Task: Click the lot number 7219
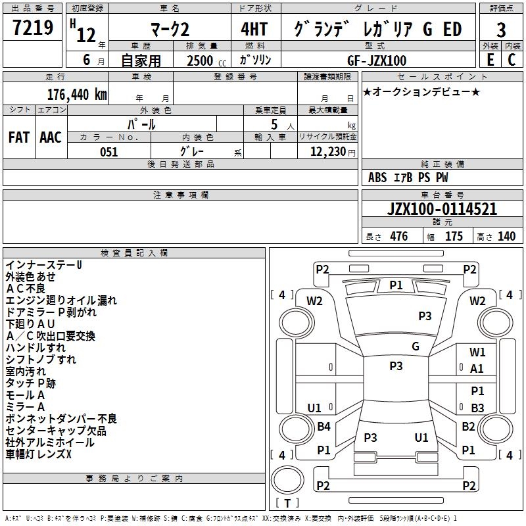[x=33, y=28]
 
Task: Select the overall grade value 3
[x=501, y=30]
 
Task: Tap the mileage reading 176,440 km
[x=77, y=95]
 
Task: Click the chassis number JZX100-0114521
[x=442, y=208]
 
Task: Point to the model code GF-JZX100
[x=377, y=60]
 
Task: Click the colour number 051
[x=109, y=152]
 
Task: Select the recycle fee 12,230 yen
[x=333, y=152]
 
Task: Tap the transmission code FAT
[x=19, y=137]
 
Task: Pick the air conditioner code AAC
[x=51, y=137]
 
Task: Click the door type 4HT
[x=254, y=29]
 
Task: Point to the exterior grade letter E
[x=490, y=60]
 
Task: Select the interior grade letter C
[x=512, y=60]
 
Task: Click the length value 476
[x=399, y=236]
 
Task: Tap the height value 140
[x=506, y=236]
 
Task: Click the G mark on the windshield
[x=416, y=347]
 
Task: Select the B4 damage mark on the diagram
[x=323, y=426]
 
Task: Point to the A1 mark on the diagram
[x=477, y=369]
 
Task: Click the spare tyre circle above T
[x=287, y=480]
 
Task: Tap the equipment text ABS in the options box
[x=377, y=178]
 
